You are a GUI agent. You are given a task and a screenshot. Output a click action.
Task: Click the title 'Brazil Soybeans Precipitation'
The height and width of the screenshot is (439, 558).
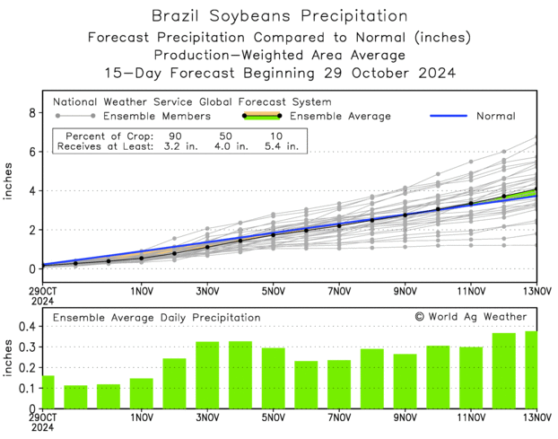point(279,16)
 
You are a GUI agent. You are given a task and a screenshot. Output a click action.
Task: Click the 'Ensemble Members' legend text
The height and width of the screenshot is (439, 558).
point(156,116)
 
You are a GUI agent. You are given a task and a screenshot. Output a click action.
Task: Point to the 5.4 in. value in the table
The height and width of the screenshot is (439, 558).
point(279,146)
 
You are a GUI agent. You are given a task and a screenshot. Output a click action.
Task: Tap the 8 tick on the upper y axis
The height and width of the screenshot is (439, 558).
point(31,113)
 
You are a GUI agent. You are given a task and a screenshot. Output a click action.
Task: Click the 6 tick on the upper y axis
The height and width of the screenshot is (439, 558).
point(31,152)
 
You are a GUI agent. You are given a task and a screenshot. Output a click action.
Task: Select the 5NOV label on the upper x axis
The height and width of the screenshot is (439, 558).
point(274,292)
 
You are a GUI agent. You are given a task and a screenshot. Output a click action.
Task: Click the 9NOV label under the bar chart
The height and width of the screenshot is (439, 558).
point(405,418)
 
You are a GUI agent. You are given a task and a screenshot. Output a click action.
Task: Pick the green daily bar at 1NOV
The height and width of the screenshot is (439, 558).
point(142,392)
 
